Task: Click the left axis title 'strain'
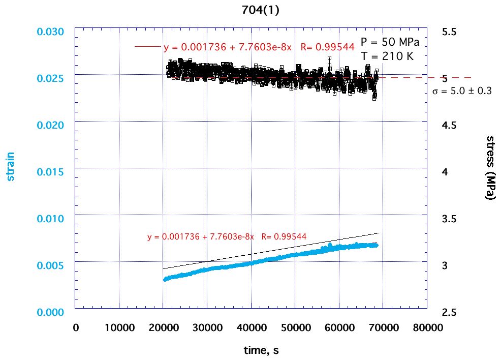click(10, 166)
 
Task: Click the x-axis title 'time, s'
click(260, 350)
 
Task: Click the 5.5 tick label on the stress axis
click(449, 32)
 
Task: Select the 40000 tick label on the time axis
click(251, 328)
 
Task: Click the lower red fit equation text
click(227, 237)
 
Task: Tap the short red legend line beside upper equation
click(147, 47)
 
